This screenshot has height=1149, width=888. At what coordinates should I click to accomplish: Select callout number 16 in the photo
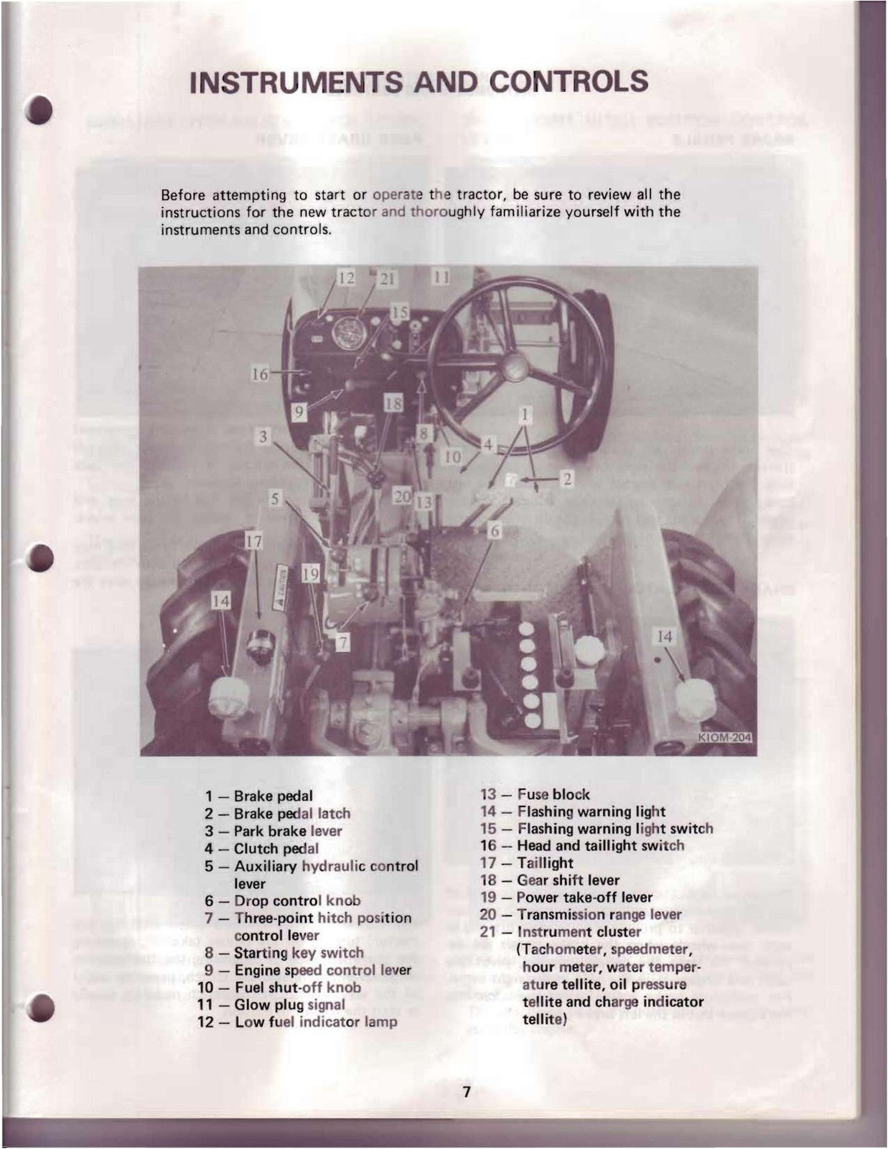[x=259, y=373]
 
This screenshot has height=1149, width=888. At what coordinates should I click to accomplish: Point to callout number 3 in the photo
[x=264, y=436]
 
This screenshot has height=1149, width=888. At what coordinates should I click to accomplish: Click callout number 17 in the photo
[x=253, y=541]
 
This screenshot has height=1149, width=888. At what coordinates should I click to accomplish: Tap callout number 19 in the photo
[x=310, y=574]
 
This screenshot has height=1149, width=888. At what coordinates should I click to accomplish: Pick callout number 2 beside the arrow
[x=566, y=479]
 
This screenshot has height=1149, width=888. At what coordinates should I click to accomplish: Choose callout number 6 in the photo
[x=494, y=531]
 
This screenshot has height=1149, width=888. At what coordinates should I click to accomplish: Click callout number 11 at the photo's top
[x=441, y=276]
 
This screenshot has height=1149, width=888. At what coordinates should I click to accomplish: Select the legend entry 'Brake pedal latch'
[x=291, y=814]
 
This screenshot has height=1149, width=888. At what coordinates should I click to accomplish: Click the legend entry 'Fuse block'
[x=553, y=794]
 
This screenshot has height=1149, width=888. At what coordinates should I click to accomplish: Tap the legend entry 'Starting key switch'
[x=299, y=953]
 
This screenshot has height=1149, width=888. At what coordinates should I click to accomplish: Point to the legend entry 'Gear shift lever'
[x=568, y=880]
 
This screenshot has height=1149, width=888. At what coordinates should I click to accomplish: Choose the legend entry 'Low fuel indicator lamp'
[x=315, y=1022]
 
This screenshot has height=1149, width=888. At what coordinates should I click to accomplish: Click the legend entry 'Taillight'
[x=545, y=863]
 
